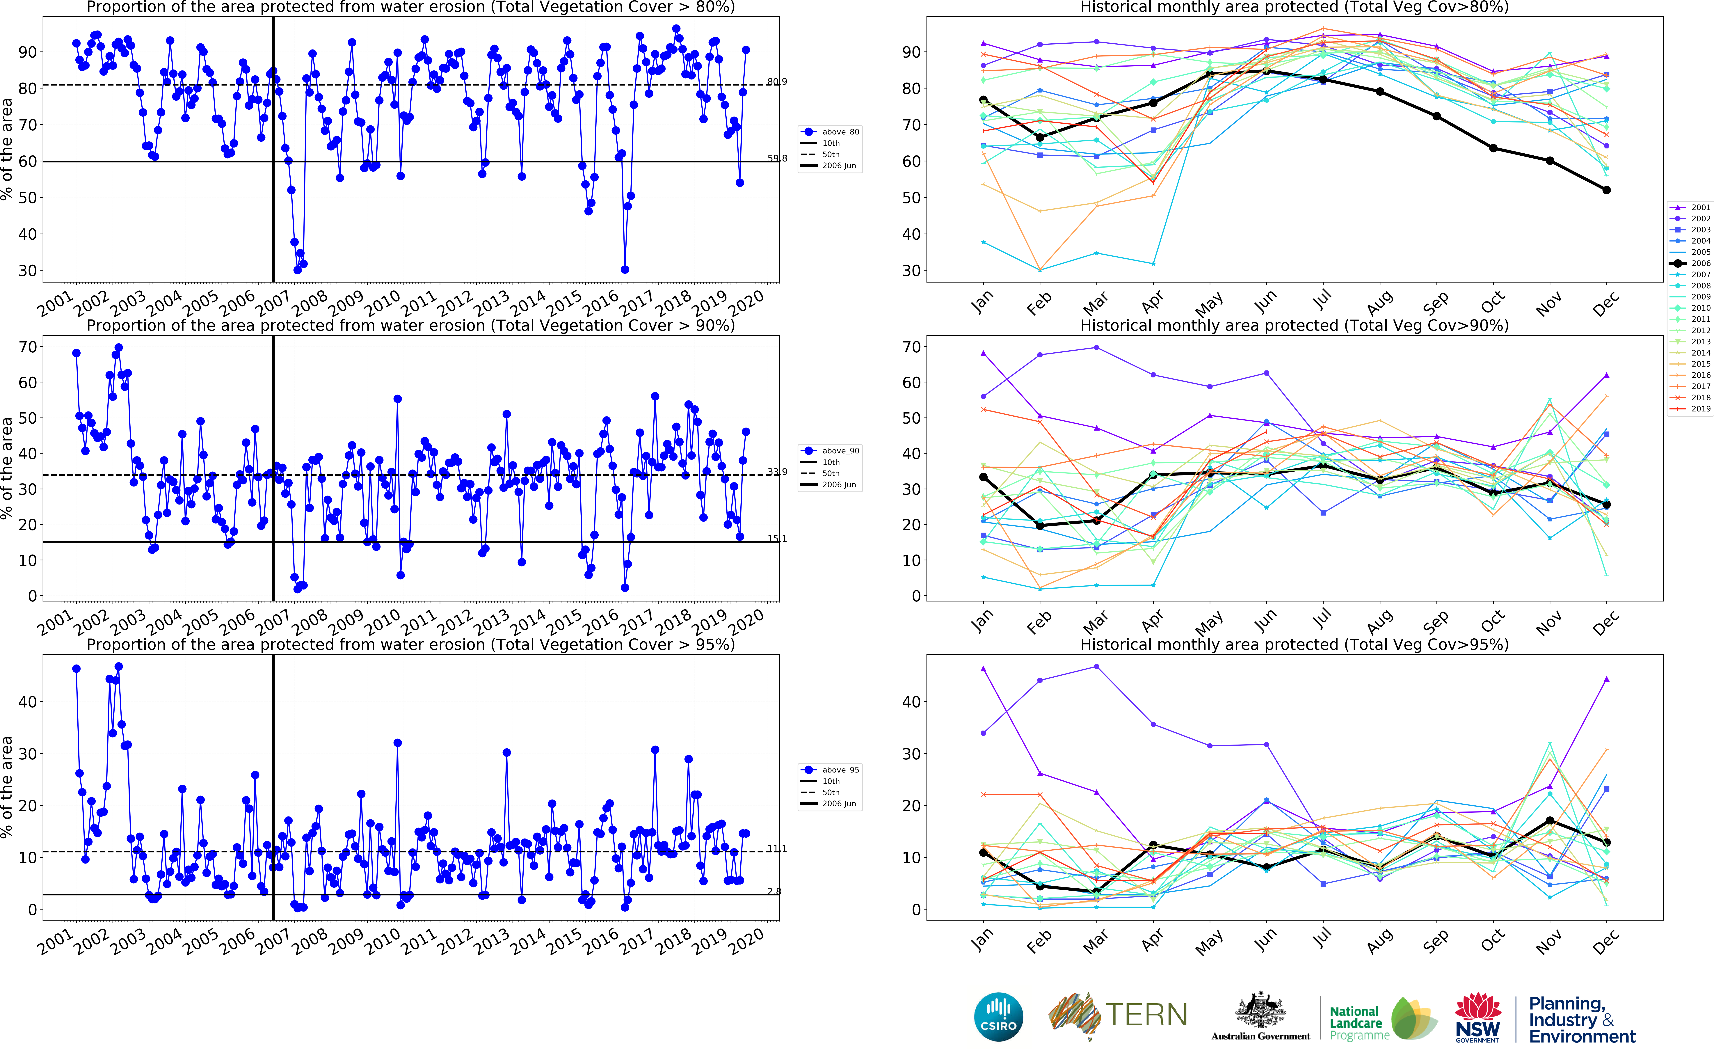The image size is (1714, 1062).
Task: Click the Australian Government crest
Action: click(x=1260, y=1011)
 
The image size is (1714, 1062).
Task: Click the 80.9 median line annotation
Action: click(x=777, y=82)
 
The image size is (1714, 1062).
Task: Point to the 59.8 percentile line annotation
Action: click(x=777, y=159)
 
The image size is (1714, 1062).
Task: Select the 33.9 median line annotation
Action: click(x=777, y=472)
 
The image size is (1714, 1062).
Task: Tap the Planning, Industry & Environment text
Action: click(x=1581, y=1020)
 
